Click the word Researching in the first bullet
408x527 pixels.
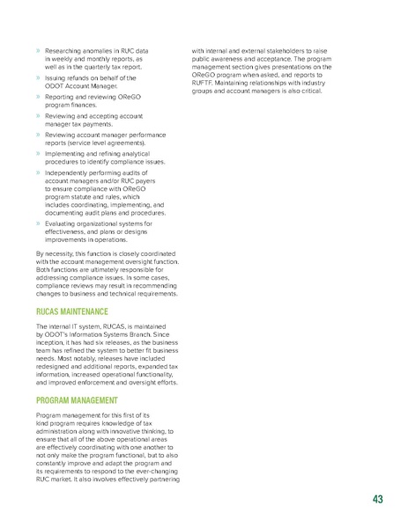point(62,52)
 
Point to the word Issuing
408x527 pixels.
point(53,77)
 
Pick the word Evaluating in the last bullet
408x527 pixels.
point(57,223)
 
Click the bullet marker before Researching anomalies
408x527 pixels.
point(37,52)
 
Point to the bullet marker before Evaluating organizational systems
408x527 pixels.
point(37,223)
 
